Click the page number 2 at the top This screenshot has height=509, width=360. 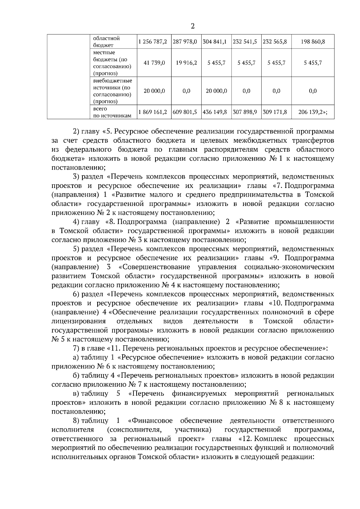point(193,26)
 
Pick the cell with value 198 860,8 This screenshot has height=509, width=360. point(313,42)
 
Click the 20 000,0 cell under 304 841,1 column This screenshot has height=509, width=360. point(216,91)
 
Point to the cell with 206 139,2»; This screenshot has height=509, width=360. point(313,112)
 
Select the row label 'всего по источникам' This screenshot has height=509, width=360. point(112,112)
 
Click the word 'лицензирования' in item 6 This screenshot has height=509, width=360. point(79,321)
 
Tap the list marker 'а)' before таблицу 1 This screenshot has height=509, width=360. point(76,357)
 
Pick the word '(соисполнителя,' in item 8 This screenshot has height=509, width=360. point(134,430)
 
